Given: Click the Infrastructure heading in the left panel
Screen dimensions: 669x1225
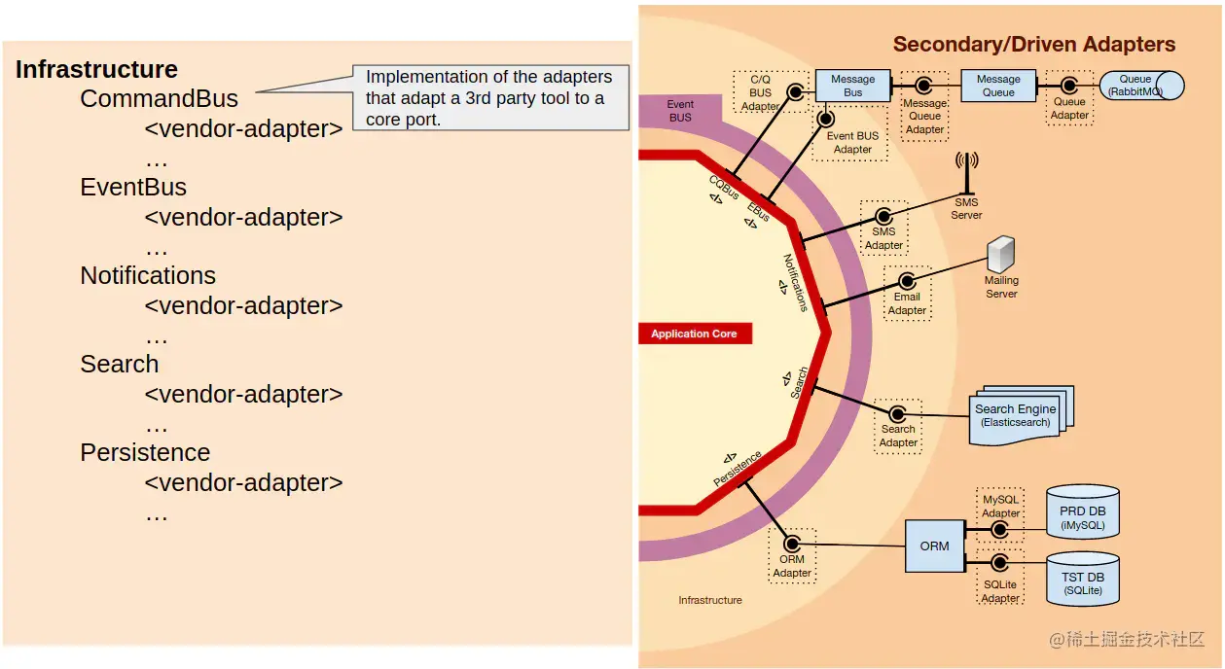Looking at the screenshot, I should (96, 70).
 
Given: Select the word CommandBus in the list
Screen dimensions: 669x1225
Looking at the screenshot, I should (159, 99).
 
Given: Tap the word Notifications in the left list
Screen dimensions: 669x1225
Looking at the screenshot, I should (148, 276).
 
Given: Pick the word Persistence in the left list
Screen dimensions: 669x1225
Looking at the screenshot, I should (145, 453).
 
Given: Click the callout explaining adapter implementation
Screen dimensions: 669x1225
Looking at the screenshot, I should (489, 97).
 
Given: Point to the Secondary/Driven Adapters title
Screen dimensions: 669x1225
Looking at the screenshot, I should (1033, 45).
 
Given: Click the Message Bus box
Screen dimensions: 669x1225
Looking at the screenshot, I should (852, 86).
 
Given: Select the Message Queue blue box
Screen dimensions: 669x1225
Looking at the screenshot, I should (998, 86).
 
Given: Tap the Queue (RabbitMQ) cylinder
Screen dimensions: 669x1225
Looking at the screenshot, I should (1140, 86).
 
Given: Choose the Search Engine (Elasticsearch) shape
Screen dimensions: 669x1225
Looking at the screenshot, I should (1018, 415).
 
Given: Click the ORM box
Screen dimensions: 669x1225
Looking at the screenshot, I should (934, 546).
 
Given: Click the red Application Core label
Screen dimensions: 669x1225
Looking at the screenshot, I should (695, 334).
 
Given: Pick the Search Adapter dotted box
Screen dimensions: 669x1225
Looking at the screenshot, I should (898, 425).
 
